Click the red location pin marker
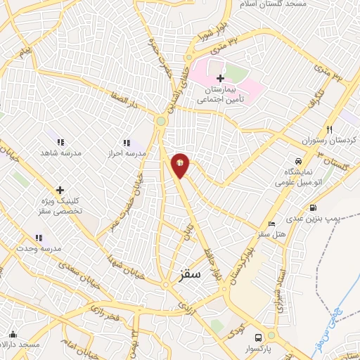click(180, 165)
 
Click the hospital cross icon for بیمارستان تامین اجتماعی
click(220, 78)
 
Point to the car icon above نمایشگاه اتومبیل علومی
click(299, 161)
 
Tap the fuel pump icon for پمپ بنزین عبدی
click(312, 207)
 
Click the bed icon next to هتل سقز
click(272, 224)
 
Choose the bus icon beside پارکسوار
click(258, 337)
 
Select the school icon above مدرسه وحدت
click(38, 238)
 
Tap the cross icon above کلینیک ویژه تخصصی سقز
click(60, 190)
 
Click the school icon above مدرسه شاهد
click(59, 142)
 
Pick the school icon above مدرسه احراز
click(127, 143)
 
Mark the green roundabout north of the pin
click(161, 122)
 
